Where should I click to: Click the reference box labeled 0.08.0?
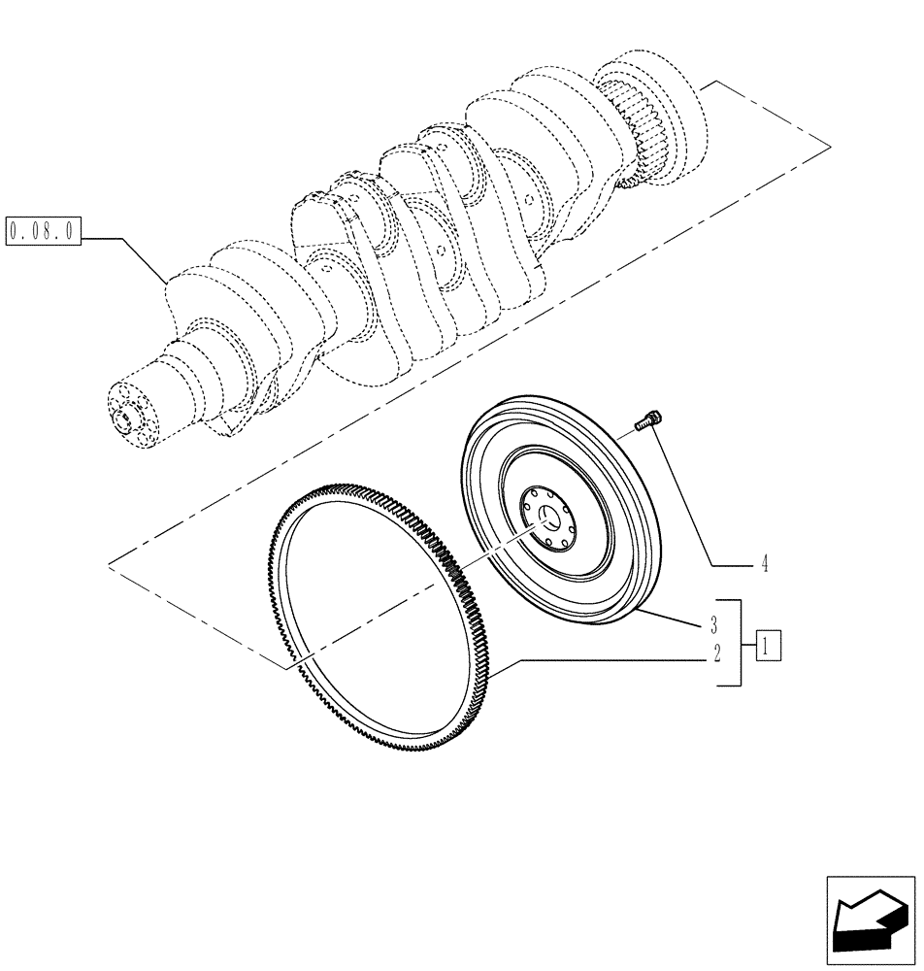coord(45,233)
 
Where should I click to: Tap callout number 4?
coord(764,564)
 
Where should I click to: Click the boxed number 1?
coord(768,644)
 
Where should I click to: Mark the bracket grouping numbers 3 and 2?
coord(739,642)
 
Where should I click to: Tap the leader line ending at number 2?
coord(602,659)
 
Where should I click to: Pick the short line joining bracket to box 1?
coord(748,643)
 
